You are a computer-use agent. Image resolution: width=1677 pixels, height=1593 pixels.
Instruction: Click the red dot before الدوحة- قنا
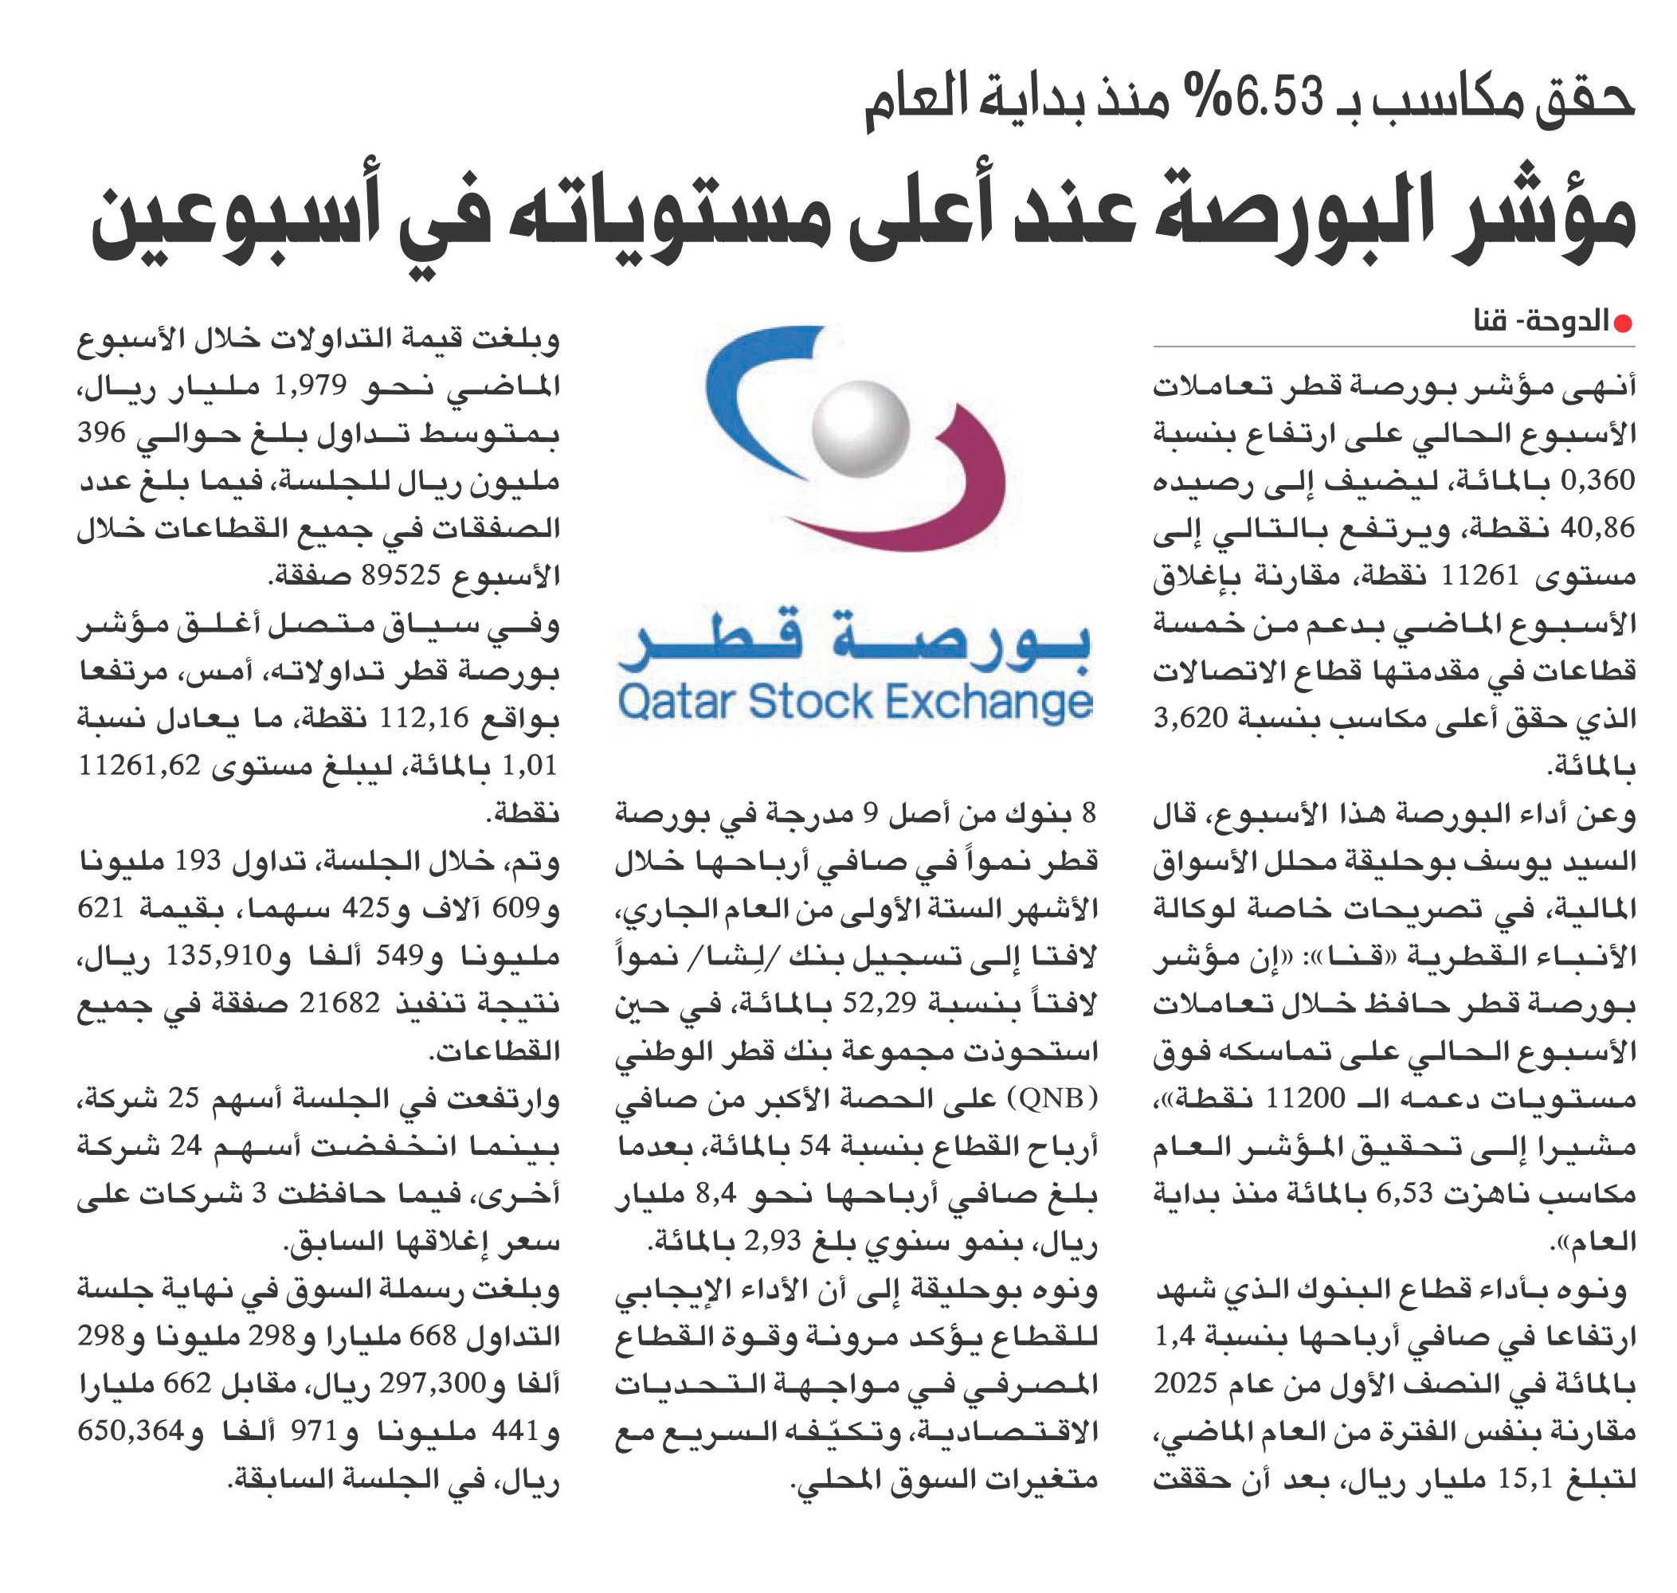1623,323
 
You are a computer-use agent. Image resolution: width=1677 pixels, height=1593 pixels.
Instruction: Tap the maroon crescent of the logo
951,492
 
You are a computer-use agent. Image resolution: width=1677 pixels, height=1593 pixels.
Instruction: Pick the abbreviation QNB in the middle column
1050,1099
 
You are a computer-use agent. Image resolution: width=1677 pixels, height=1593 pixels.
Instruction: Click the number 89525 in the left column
401,576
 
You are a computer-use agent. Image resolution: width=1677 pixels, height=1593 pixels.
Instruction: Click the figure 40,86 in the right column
1597,528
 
